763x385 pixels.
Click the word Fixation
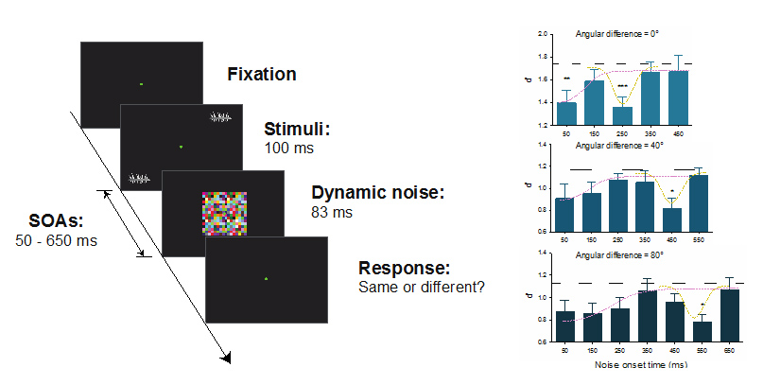[x=262, y=74]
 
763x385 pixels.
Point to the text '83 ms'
[x=331, y=213]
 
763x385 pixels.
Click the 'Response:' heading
[x=407, y=268]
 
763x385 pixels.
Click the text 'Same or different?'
[x=422, y=287]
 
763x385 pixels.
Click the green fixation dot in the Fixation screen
[x=141, y=85]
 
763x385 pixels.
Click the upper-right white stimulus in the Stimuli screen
[x=220, y=118]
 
